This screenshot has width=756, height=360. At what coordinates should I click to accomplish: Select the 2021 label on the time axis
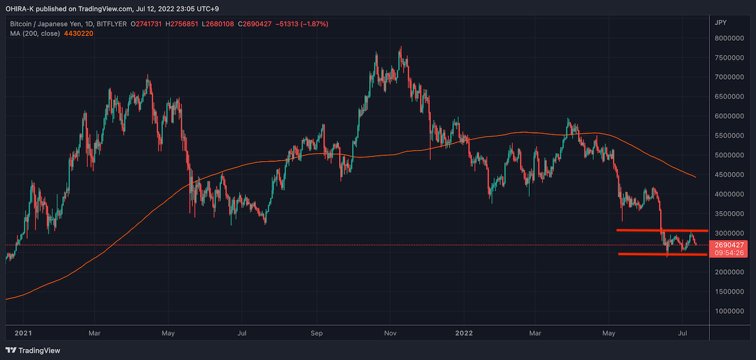tap(23, 334)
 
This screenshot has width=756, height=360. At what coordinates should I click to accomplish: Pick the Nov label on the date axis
tap(390, 334)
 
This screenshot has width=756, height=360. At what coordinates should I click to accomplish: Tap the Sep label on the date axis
tap(316, 334)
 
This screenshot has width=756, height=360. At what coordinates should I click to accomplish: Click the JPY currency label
tap(720, 23)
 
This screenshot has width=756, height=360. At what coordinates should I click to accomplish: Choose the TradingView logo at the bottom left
tap(33, 350)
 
